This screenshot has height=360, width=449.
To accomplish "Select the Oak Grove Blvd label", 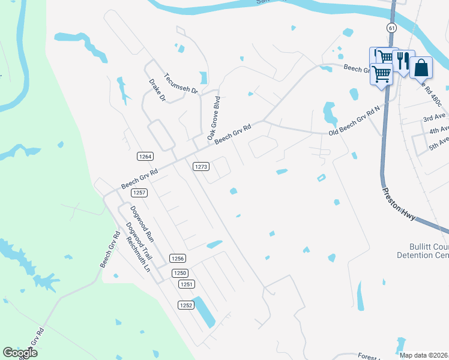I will tap(214, 118).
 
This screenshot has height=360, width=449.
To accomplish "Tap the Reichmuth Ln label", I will tap(137, 254).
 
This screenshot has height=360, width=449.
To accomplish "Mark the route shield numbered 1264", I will tap(145, 157).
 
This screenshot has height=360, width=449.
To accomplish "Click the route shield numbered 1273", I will tap(201, 166).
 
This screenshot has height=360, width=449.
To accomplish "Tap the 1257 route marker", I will tap(140, 193).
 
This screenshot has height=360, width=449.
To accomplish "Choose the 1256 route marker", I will tap(177, 259).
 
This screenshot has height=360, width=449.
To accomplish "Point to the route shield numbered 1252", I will tap(186, 305).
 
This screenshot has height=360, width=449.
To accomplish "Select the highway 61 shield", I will tap(391, 28).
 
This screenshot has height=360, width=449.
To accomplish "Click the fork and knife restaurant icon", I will tap(403, 62).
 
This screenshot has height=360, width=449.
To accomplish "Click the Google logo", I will tap(20, 353).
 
